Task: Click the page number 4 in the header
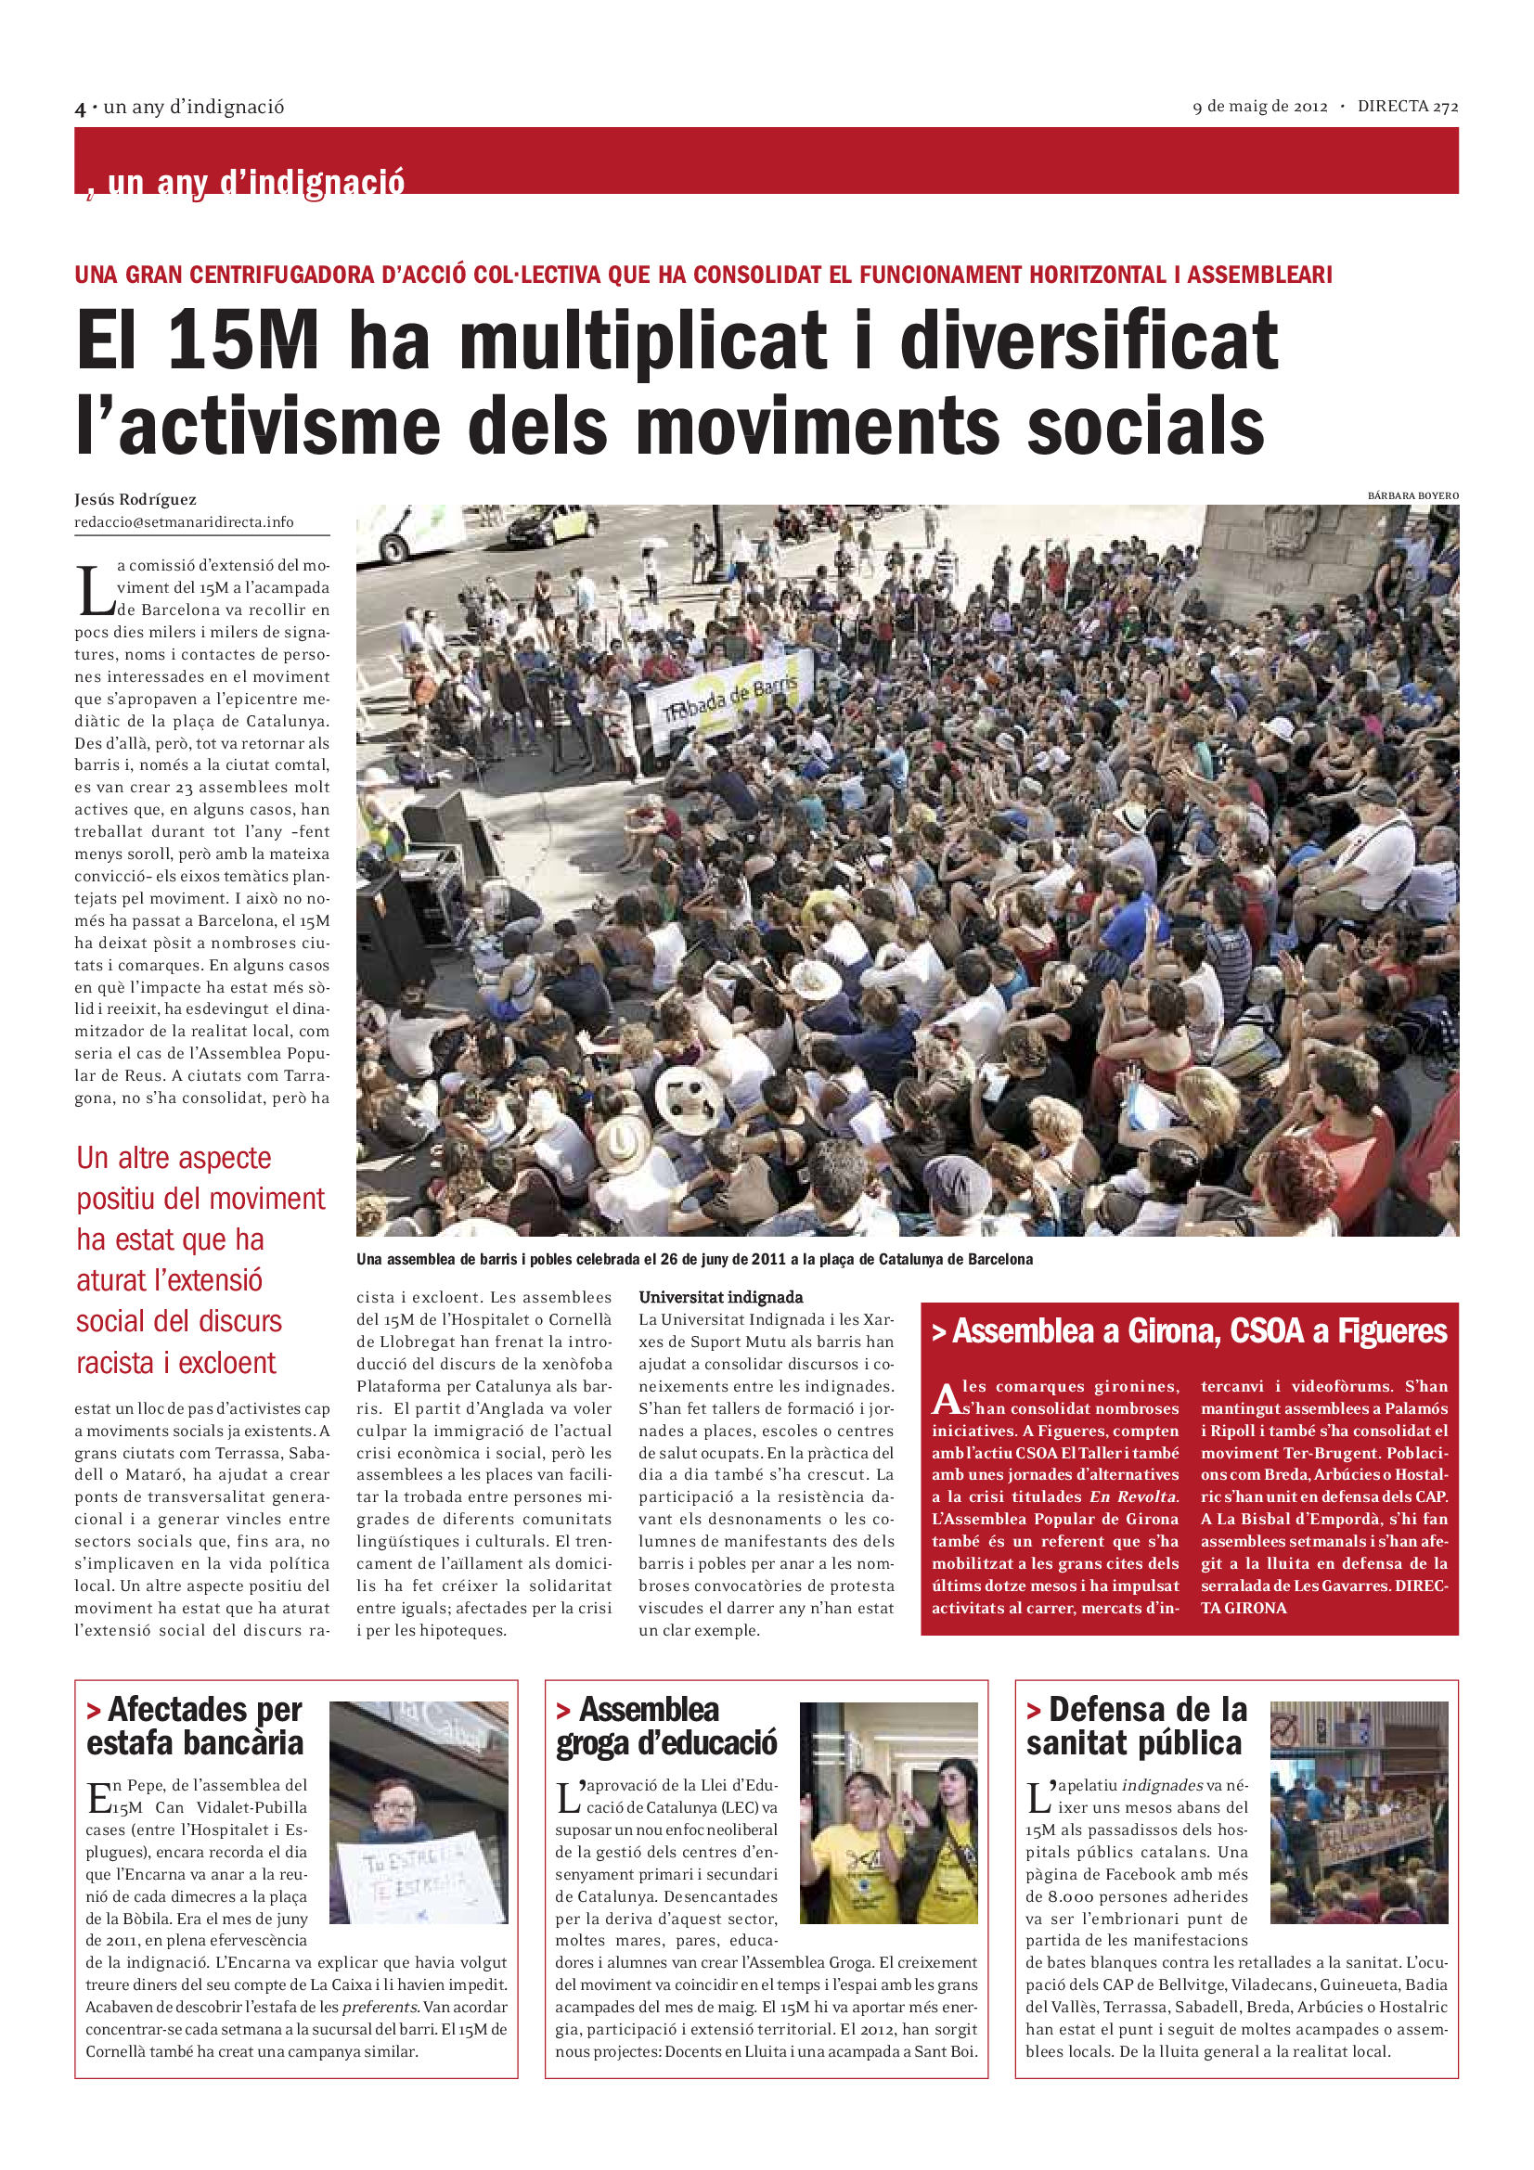(81, 109)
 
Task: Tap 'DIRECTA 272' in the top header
(1408, 107)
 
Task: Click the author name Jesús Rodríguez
(135, 499)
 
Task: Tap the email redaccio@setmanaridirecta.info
(184, 521)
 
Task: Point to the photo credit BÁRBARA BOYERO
(1412, 495)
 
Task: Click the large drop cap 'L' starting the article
(94, 591)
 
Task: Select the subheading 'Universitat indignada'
(720, 1297)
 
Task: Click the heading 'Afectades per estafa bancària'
(195, 1726)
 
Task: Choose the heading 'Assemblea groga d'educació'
(665, 1726)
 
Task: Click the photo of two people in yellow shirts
(887, 1813)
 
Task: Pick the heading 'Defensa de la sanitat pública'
(1136, 1726)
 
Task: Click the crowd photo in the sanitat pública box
(1359, 1813)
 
